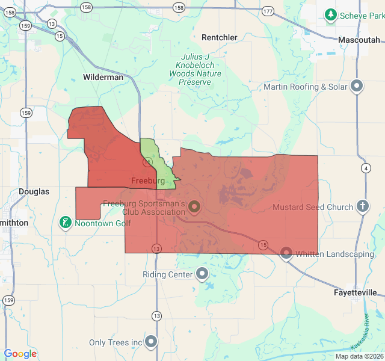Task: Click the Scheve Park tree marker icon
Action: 330,14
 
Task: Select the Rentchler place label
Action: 220,37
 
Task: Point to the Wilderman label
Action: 103,77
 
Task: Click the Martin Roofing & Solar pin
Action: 357,87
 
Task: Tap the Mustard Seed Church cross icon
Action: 363,207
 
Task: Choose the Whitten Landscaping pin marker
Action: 286,253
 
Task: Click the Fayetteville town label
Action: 356,292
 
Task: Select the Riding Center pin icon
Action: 202,274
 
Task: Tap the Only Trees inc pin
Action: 151,342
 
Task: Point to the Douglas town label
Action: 34,191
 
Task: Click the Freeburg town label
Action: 148,180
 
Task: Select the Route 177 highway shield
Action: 268,11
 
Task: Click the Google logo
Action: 20,354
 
